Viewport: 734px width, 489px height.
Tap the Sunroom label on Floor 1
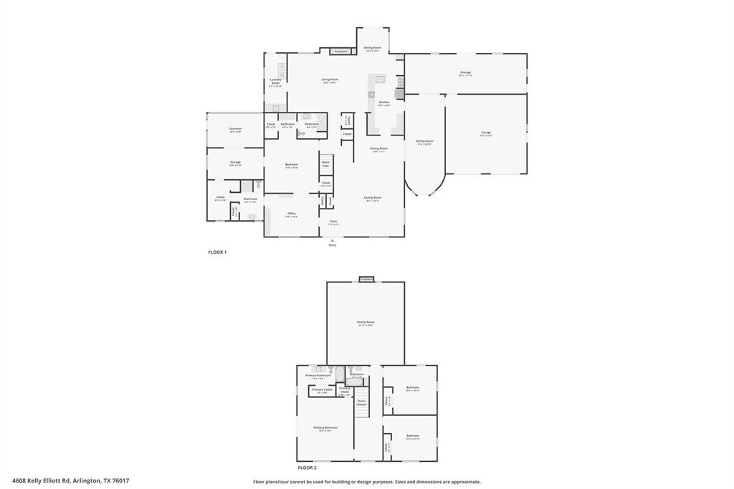pyautogui.click(x=235, y=130)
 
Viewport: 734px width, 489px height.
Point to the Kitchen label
pyautogui.click(x=384, y=103)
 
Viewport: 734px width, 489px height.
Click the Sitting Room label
pyautogui.click(x=424, y=142)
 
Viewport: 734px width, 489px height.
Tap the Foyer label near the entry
pyautogui.click(x=333, y=222)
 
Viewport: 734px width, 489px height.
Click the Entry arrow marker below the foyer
pyautogui.click(x=333, y=240)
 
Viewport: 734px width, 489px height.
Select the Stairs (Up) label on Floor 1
pyautogui.click(x=325, y=163)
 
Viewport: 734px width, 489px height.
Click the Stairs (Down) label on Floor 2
pyautogui.click(x=361, y=402)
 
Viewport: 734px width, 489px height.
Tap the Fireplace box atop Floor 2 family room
pyautogui.click(x=366, y=279)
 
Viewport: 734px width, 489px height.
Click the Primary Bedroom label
pyautogui.click(x=325, y=429)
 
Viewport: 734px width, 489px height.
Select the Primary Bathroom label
pyautogui.click(x=318, y=376)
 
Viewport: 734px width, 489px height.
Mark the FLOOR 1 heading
pyautogui.click(x=217, y=252)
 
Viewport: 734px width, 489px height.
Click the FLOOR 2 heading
pyautogui.click(x=308, y=467)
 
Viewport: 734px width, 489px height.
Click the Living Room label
pyautogui.click(x=330, y=80)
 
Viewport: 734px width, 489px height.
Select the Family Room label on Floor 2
pyautogui.click(x=366, y=323)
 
